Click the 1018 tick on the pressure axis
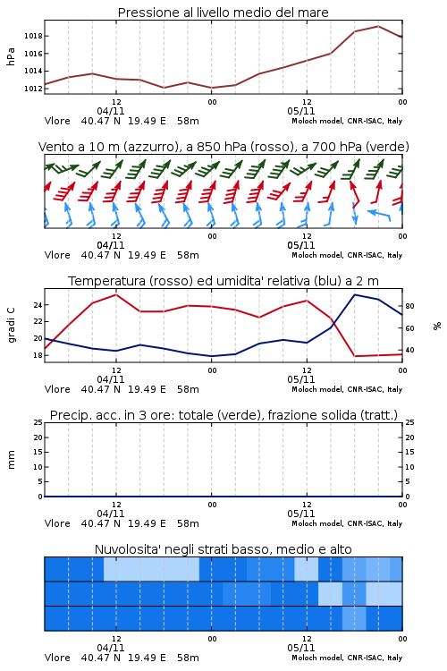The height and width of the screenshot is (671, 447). coord(33,36)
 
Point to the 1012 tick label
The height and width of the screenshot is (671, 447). coord(33,89)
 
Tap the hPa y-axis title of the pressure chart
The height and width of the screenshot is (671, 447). coord(11,57)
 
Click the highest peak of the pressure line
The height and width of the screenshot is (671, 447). coord(378,26)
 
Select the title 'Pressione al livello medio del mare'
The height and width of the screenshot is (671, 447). coord(223,13)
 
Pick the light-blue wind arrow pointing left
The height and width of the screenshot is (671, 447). coord(379,214)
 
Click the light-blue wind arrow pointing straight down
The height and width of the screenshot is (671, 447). coord(355,213)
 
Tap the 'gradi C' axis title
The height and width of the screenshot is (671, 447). coord(11,326)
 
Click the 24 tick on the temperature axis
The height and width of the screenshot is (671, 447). coord(38,305)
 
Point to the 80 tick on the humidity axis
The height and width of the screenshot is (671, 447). coord(409,306)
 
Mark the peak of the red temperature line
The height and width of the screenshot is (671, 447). coord(116,294)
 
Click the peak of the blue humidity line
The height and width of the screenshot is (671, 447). coord(355,294)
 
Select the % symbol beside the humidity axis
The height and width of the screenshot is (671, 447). coord(437,326)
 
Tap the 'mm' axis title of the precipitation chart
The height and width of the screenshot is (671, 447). coord(11,460)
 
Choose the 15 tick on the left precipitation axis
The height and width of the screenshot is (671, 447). coord(38,453)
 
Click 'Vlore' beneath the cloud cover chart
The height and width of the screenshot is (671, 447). coord(57,658)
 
